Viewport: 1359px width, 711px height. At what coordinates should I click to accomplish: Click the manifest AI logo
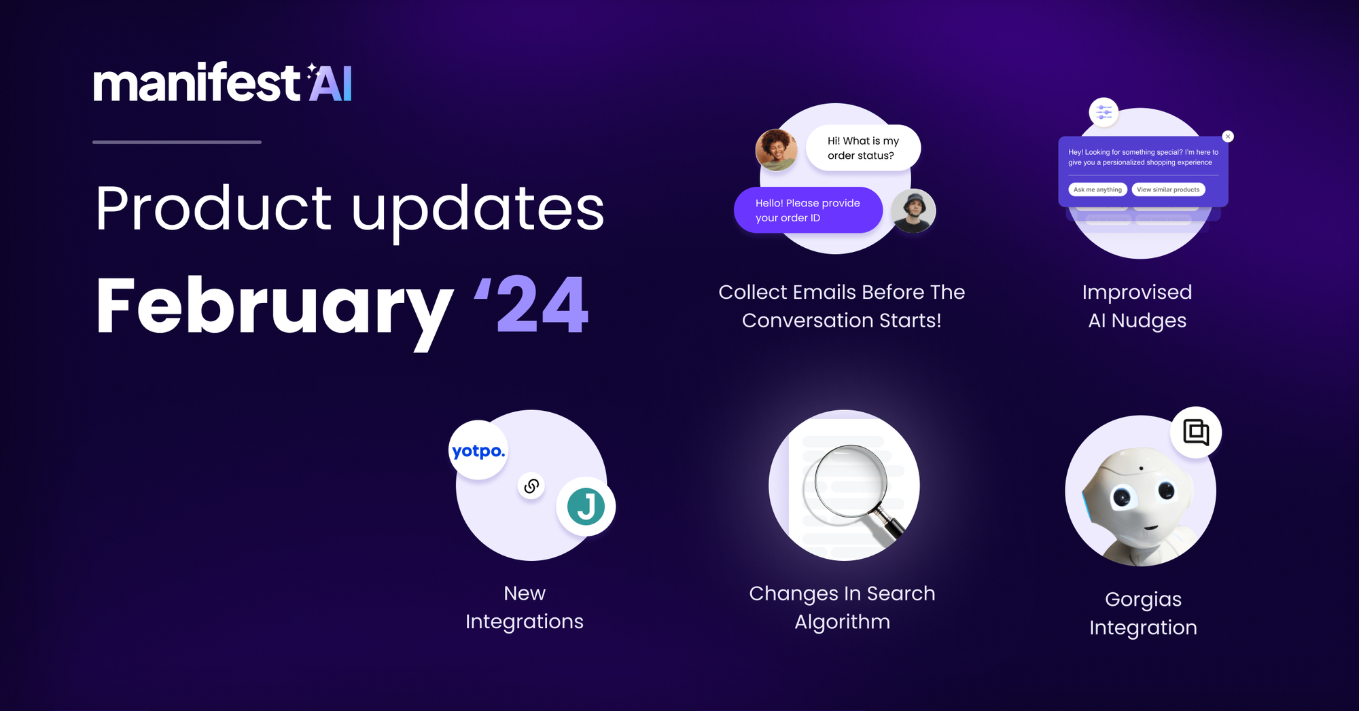(x=222, y=82)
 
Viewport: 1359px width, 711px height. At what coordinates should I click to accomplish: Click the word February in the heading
(x=275, y=309)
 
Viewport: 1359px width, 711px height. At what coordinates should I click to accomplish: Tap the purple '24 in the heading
(x=531, y=305)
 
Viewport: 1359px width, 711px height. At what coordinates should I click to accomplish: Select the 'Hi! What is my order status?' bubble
(x=863, y=148)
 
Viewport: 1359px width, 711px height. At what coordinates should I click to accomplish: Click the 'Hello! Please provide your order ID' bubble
(x=808, y=210)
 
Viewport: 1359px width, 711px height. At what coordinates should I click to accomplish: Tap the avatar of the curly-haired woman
(x=777, y=150)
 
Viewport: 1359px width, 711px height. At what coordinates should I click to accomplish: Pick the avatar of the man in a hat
(x=913, y=211)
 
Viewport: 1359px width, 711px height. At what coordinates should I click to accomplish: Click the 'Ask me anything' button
(x=1097, y=189)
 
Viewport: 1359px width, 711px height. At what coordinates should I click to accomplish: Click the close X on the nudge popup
(x=1228, y=136)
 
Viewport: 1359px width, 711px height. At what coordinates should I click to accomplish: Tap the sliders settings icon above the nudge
(x=1104, y=112)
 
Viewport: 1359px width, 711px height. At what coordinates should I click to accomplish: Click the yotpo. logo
(x=478, y=450)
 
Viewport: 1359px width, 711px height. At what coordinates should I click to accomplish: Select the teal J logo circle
(x=586, y=507)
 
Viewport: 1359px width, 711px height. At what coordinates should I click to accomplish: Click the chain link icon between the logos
(x=531, y=486)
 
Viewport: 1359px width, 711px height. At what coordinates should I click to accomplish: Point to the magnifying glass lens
(x=845, y=485)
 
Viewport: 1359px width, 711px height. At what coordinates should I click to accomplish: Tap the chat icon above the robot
(x=1196, y=433)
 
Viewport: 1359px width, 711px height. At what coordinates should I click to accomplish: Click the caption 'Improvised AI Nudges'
(x=1137, y=306)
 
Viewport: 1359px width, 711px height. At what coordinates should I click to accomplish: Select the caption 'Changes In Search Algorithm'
(x=843, y=608)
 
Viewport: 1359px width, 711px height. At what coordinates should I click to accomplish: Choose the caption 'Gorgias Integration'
(x=1144, y=613)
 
